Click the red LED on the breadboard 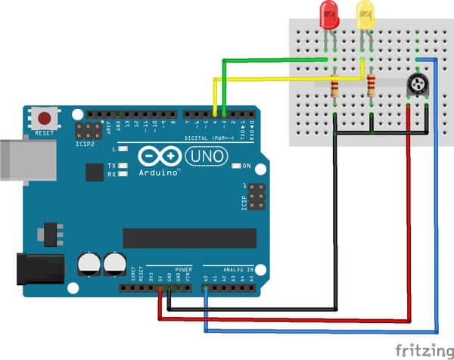[329, 15]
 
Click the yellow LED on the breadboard [365, 15]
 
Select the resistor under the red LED [334, 88]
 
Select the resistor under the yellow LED [371, 86]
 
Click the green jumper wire [272, 58]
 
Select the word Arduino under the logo [160, 172]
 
